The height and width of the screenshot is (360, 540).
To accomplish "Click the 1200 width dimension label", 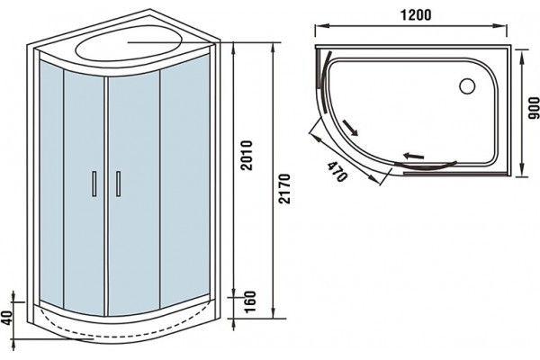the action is coord(416,15).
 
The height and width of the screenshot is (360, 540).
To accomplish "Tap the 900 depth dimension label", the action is coord(534,108).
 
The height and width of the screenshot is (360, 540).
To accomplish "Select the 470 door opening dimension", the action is coord(337,171).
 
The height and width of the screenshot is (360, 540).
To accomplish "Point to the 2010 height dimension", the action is coord(247,155).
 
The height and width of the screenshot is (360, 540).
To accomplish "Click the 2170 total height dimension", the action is coord(284,189).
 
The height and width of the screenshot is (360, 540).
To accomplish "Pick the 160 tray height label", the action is coord(251,301).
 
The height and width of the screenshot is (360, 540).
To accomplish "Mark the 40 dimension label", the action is coord(7,317).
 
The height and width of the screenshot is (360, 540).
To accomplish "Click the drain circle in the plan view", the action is coord(467,85).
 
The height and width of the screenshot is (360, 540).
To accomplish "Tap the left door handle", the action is coord(94,184).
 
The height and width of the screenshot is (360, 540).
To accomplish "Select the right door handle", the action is coord(118,184).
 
